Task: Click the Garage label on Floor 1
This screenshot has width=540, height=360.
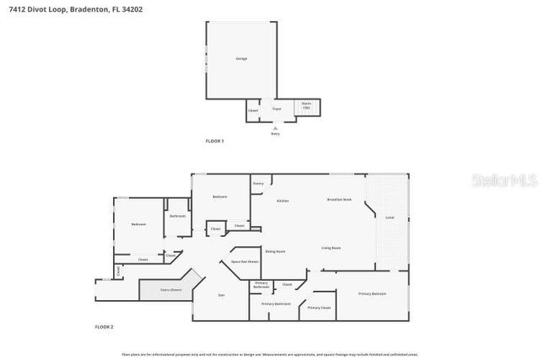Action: pos(240,58)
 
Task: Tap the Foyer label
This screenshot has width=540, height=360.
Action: pos(275,109)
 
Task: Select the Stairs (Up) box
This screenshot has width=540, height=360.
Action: pos(306,108)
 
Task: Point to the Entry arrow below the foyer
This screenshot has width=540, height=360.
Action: pos(275,128)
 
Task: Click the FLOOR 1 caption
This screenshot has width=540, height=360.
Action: pos(215,141)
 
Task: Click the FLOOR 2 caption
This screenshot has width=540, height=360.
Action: pos(104,326)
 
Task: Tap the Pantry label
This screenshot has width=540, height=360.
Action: pos(258,182)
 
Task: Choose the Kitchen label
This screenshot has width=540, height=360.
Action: pos(283,200)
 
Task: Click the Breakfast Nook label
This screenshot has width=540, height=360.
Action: pos(339,199)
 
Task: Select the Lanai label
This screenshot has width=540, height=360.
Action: pos(390,218)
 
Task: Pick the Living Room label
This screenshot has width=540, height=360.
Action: pos(331,248)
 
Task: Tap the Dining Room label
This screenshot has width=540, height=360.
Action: pos(275,251)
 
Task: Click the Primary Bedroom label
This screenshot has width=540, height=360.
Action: pos(372,293)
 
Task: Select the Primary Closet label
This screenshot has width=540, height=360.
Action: pos(319,308)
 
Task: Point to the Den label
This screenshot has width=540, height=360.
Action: pos(221,294)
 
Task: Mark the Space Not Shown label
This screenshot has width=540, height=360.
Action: pos(245,262)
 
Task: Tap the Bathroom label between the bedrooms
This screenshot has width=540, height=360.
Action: pos(177,217)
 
